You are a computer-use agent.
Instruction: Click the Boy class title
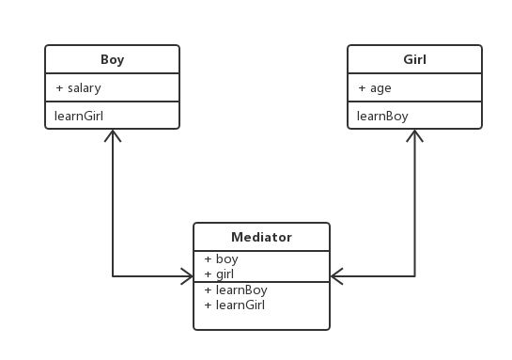[112, 59]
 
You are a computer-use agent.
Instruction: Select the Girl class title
[414, 59]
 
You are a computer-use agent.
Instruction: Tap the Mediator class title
[261, 237]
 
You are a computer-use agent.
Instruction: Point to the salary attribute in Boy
[84, 87]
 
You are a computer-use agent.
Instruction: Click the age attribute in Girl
[380, 87]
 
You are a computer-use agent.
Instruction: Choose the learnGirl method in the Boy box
[79, 116]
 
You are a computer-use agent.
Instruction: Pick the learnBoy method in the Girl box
[382, 116]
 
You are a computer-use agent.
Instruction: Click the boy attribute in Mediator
[226, 258]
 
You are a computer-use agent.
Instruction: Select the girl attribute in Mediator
[225, 274]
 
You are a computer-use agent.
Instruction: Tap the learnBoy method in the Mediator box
[240, 290]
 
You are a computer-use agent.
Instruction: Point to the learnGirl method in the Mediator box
[240, 305]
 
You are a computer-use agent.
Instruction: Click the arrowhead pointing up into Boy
[113, 135]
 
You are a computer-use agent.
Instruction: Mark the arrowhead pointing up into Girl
[414, 135]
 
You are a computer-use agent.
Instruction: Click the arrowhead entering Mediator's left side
[187, 276]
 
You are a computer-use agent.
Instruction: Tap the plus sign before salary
[59, 87]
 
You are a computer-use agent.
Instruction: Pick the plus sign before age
[362, 87]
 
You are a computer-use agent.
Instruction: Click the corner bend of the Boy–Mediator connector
[113, 276]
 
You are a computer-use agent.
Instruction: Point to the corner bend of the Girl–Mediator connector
[414, 276]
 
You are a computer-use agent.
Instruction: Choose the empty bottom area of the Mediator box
[261, 321]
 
